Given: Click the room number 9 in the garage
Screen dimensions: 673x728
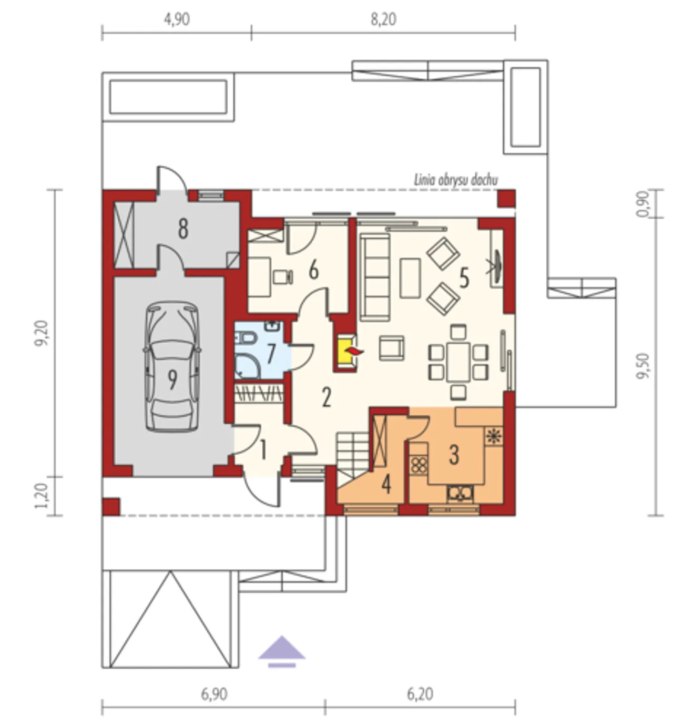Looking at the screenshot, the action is point(171,380).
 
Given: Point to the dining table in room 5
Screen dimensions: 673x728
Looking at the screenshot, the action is point(458,362).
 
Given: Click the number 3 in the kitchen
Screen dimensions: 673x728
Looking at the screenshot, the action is point(454,455).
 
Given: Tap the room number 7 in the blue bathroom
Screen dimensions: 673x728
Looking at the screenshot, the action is point(271,354).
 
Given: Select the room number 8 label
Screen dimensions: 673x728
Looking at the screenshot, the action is point(183,229).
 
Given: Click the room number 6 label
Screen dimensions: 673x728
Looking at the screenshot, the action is point(313,271).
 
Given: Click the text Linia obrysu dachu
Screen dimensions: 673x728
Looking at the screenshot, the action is point(456,180).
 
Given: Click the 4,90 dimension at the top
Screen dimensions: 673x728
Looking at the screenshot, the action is point(177,19).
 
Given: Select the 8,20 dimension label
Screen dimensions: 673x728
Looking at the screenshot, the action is point(383,19).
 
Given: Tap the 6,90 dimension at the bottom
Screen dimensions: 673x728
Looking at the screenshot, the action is point(214,694).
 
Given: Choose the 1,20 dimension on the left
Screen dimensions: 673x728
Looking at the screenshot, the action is point(42,496).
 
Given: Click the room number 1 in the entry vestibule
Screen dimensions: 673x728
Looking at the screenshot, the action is point(263,450).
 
